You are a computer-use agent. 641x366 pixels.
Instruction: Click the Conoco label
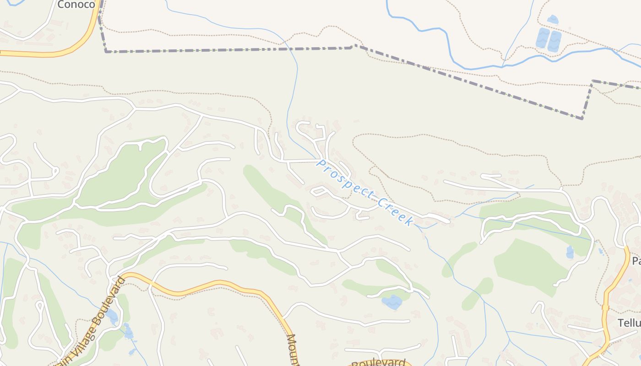pyautogui.click(x=76, y=5)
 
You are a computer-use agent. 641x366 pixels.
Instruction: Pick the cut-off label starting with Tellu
pyautogui.click(x=629, y=323)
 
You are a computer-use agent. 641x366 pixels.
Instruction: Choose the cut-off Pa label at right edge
pyautogui.click(x=636, y=261)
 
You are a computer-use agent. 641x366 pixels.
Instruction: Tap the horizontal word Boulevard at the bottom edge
pyautogui.click(x=379, y=363)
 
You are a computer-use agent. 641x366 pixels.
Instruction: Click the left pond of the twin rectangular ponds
pyautogui.click(x=543, y=38)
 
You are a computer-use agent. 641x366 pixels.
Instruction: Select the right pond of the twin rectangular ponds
pyautogui.click(x=554, y=41)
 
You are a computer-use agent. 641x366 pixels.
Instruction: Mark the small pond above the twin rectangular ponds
pyautogui.click(x=553, y=20)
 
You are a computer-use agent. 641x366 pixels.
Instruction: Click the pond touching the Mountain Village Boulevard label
pyautogui.click(x=111, y=316)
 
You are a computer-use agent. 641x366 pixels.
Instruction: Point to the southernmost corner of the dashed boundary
pyautogui.click(x=582, y=118)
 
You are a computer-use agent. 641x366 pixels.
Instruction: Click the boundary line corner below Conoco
pyautogui.click(x=106, y=52)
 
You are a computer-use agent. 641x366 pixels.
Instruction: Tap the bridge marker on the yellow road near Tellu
pyautogui.click(x=606, y=307)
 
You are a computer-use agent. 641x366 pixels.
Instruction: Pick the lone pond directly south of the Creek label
pyautogui.click(x=392, y=301)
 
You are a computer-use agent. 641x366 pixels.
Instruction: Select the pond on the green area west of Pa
pyautogui.click(x=570, y=252)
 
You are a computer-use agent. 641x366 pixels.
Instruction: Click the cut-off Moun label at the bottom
pyautogui.click(x=293, y=350)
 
